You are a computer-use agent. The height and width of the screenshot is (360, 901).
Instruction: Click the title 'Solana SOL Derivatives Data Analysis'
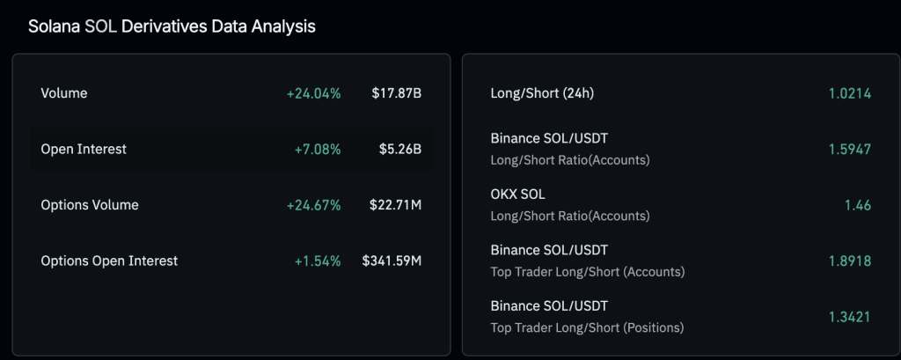pyautogui.click(x=172, y=26)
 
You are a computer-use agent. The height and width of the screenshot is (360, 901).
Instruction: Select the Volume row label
pyautogui.click(x=64, y=93)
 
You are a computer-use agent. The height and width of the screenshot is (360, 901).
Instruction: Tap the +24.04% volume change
pyautogui.click(x=313, y=93)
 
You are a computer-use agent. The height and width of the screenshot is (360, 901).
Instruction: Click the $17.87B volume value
pyautogui.click(x=396, y=93)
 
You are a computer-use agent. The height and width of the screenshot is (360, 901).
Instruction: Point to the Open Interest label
pyautogui.click(x=84, y=149)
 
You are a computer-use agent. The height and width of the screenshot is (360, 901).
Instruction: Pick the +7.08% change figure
pyautogui.click(x=317, y=149)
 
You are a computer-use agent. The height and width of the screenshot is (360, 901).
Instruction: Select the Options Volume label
pyautogui.click(x=90, y=205)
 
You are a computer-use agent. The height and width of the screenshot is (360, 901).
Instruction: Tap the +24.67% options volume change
pyautogui.click(x=313, y=205)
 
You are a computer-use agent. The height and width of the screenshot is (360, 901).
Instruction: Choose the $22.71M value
pyautogui.click(x=396, y=205)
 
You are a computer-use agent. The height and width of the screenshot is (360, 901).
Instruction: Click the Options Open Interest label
pyautogui.click(x=109, y=261)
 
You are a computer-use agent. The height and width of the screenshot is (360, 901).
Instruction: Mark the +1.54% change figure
pyautogui.click(x=317, y=261)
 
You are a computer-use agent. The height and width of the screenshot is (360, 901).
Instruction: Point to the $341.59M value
pyautogui.click(x=392, y=261)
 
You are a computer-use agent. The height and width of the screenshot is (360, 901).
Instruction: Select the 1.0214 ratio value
pyautogui.click(x=849, y=93)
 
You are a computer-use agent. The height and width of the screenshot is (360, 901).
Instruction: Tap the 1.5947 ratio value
pyautogui.click(x=849, y=149)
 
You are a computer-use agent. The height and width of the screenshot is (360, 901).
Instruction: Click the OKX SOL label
pyautogui.click(x=518, y=195)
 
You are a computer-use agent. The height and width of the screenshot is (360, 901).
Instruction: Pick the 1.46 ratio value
pyautogui.click(x=857, y=204)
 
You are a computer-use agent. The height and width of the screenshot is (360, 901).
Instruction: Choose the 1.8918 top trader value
pyautogui.click(x=849, y=261)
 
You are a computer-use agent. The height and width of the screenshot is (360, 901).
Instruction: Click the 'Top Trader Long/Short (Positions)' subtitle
pyautogui.click(x=587, y=327)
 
